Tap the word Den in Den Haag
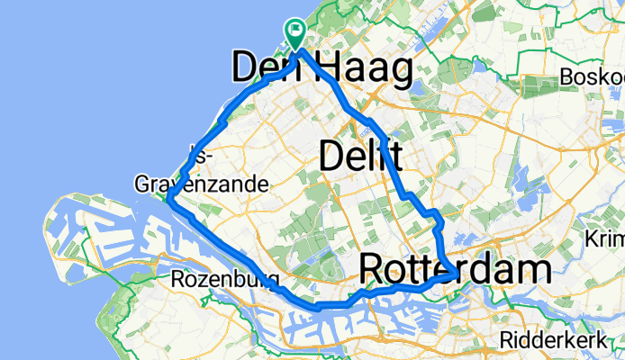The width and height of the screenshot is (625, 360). (x=267, y=68)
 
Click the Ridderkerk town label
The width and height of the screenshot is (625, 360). (x=555, y=342)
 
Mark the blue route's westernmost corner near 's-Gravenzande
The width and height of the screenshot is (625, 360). (x=168, y=200)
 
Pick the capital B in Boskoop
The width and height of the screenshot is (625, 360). (x=566, y=78)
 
